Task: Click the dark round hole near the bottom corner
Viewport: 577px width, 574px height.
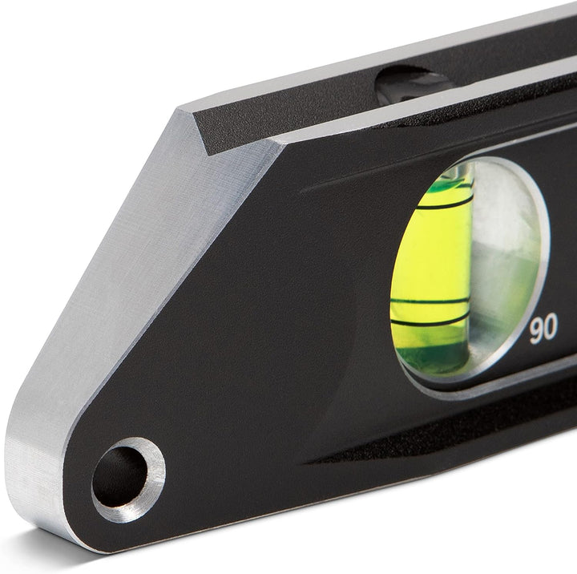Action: click(120, 477)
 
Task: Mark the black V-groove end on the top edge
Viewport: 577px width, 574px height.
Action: click(216, 128)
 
